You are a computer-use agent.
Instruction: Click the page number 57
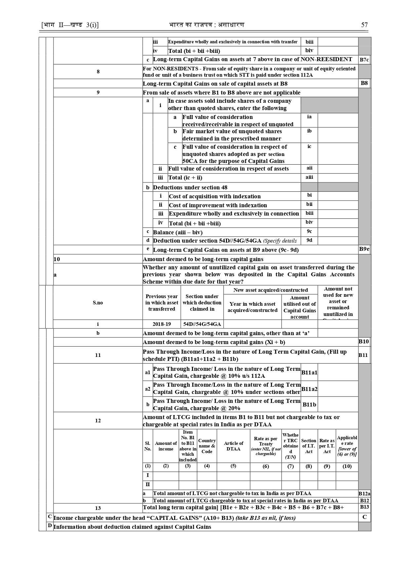point(364,25)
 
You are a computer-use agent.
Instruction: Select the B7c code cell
point(364,60)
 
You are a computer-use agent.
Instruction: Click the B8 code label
point(364,83)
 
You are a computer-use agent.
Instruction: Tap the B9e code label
point(364,249)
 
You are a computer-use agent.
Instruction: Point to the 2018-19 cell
point(162,324)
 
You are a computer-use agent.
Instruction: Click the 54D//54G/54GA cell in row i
point(202,324)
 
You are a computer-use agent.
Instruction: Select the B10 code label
point(364,342)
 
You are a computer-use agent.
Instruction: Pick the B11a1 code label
point(309,372)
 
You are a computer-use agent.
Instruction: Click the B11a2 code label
point(309,389)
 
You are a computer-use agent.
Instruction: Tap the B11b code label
point(309,405)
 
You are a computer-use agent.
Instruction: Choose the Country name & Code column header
point(207,446)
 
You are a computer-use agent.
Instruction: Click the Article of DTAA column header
point(233,446)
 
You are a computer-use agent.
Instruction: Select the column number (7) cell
point(290,466)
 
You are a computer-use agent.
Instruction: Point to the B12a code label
point(364,494)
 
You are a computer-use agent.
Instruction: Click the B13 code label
point(364,507)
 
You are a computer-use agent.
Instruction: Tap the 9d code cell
point(309,240)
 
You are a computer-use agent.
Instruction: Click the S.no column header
point(98,303)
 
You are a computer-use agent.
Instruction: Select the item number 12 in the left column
point(98,421)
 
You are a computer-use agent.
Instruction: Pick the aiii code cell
point(309,177)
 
